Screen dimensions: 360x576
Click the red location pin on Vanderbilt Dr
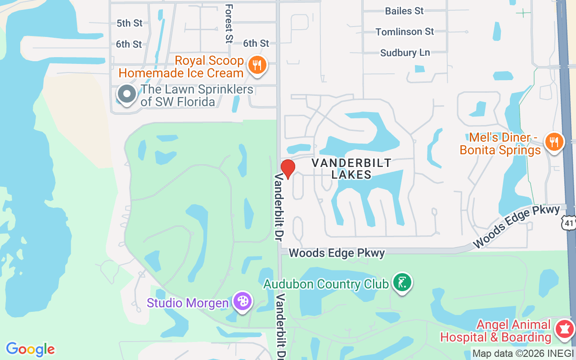pyautogui.click(x=288, y=168)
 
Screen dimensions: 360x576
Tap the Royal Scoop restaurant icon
pyautogui.click(x=257, y=65)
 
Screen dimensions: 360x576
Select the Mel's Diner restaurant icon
pyautogui.click(x=554, y=142)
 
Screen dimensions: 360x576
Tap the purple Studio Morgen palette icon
pyautogui.click(x=243, y=301)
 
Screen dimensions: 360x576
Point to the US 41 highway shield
pyautogui.click(x=569, y=221)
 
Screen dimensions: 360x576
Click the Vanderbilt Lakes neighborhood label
pyautogui.click(x=351, y=168)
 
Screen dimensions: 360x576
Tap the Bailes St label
pyautogui.click(x=404, y=11)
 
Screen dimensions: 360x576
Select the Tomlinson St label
pyautogui.click(x=405, y=31)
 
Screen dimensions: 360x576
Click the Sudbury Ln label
pyautogui.click(x=405, y=53)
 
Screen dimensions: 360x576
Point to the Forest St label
pyautogui.click(x=229, y=24)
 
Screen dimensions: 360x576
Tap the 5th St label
pyautogui.click(x=129, y=23)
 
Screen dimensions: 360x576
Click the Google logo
pyautogui.click(x=30, y=349)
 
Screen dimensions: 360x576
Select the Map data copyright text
pyautogui.click(x=522, y=354)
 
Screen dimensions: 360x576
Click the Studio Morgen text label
pyautogui.click(x=187, y=303)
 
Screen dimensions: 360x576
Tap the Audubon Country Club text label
pyautogui.click(x=326, y=284)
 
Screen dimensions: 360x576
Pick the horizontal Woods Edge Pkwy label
pyautogui.click(x=337, y=253)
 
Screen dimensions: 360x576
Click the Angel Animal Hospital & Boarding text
pyautogui.click(x=495, y=331)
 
